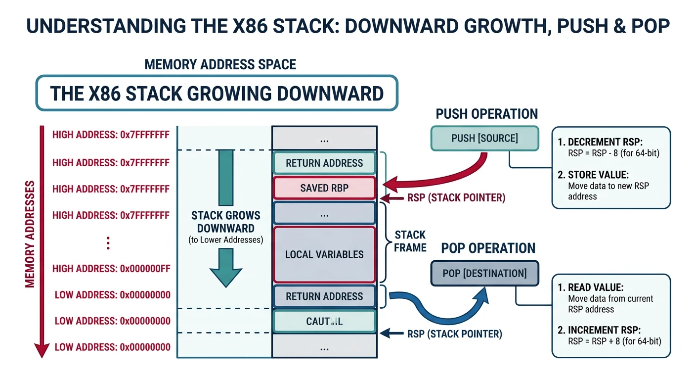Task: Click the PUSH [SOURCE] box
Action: coord(484,138)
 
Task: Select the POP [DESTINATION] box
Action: coord(484,274)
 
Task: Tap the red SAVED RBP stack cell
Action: coord(324,189)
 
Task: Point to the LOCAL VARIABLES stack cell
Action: coord(324,254)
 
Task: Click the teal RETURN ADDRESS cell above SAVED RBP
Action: coord(324,163)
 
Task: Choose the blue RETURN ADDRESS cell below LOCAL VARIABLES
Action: coord(324,296)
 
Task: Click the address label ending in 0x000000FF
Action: coord(111,269)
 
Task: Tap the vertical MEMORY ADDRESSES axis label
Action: coord(30,234)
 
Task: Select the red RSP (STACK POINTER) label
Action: coord(456,198)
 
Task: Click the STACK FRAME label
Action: coord(410,241)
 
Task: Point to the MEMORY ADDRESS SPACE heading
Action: coord(220,64)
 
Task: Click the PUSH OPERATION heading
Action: coord(486,114)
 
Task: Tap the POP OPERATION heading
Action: coord(488,248)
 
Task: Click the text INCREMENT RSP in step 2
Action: coord(604,330)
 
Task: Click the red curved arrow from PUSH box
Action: coord(445,178)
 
